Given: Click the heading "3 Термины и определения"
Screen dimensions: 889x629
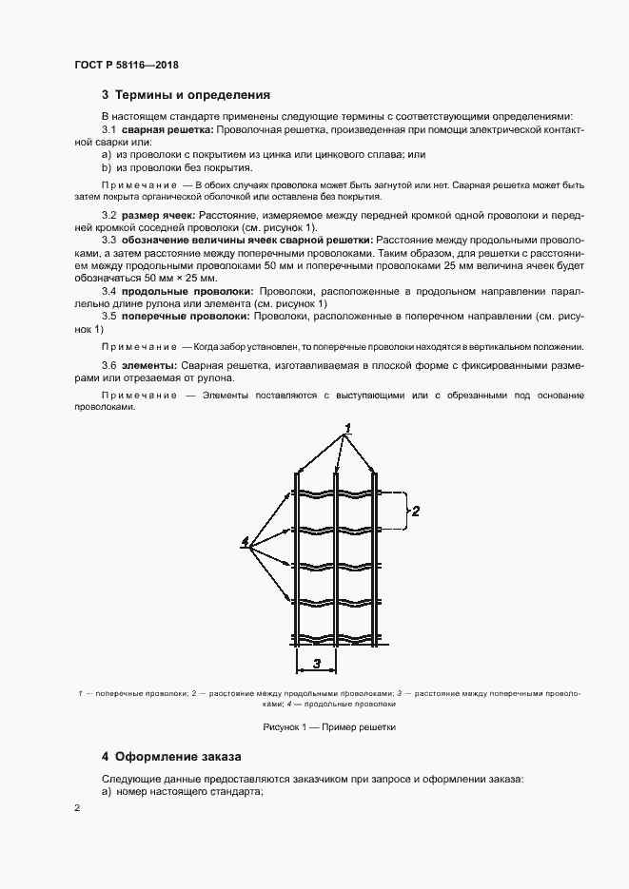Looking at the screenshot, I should [186, 95].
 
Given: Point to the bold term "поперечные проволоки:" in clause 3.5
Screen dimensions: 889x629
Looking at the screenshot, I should [187, 315].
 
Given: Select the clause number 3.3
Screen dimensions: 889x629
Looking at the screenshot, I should [109, 242].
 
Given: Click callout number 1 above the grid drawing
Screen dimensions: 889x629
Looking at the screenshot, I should [349, 428].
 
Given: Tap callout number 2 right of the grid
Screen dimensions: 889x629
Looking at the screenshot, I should [416, 511].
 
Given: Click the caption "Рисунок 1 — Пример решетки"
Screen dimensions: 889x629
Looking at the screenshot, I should [315, 726].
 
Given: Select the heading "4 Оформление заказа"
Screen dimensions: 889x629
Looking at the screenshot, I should [171, 757].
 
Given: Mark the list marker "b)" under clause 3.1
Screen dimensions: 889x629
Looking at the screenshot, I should [107, 166].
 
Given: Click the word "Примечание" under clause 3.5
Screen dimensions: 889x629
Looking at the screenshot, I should [138, 347].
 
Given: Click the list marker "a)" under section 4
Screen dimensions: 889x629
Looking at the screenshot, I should [107, 792].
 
